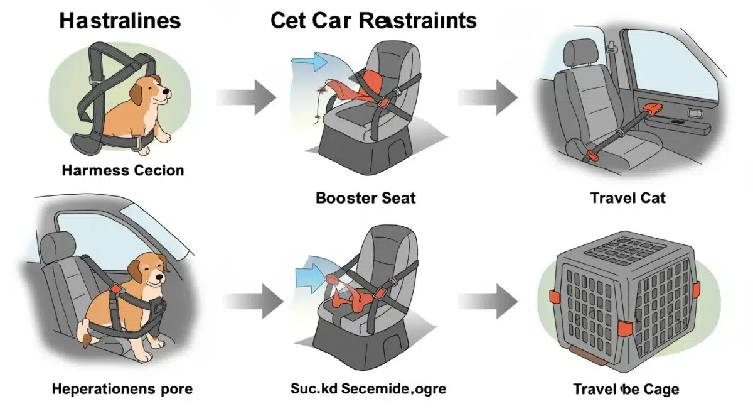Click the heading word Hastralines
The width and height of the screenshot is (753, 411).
pyautogui.click(x=120, y=20)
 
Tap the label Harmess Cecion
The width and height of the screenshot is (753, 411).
pyautogui.click(x=123, y=170)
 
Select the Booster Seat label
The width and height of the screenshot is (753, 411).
pyautogui.click(x=366, y=198)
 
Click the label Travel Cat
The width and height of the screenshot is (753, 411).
pyautogui.click(x=627, y=198)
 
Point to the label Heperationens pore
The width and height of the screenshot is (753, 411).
pyautogui.click(x=123, y=389)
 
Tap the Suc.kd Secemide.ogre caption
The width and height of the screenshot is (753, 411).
pyautogui.click(x=368, y=389)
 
